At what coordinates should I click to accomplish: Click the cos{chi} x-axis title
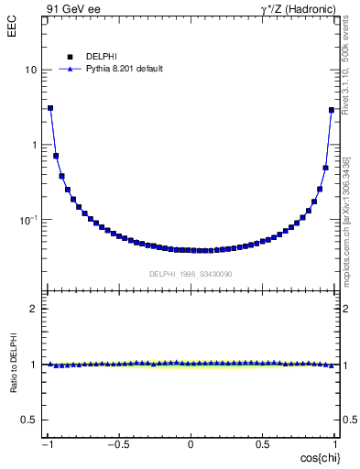point(317,457)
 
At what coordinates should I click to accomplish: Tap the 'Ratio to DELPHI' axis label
point(14,365)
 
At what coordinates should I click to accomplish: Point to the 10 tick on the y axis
point(31,71)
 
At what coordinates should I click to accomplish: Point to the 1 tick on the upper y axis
point(34,145)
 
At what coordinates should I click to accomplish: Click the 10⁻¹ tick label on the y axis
point(28,220)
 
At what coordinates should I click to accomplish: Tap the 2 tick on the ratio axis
point(34,309)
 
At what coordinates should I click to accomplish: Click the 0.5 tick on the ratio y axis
point(29,420)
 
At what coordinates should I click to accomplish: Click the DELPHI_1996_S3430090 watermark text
point(191,274)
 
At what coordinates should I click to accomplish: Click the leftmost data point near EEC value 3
point(50,108)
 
